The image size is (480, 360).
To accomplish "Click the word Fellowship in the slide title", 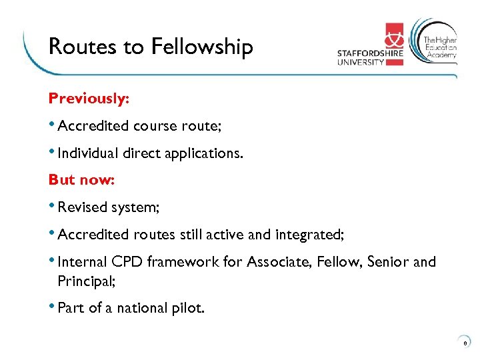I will [202, 47].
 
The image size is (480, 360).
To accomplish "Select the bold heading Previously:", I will [89, 99].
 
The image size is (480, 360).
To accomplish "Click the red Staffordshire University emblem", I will [394, 44].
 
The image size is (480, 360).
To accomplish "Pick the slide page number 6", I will [465, 343].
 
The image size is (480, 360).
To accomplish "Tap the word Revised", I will [82, 207].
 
